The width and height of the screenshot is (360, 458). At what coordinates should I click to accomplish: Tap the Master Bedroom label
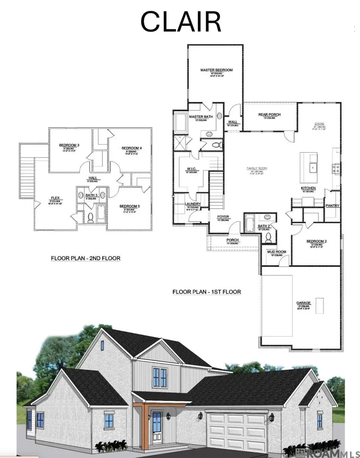(x=216, y=70)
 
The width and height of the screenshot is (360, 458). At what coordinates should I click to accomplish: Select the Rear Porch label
(x=270, y=115)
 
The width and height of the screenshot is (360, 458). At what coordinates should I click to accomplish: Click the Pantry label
(x=332, y=206)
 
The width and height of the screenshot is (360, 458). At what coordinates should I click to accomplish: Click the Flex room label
(x=55, y=197)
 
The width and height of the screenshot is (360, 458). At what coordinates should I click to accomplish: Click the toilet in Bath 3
(x=90, y=218)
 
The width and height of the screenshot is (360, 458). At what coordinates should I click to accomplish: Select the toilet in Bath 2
(x=269, y=237)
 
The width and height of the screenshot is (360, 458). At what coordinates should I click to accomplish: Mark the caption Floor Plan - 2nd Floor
(x=85, y=259)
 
